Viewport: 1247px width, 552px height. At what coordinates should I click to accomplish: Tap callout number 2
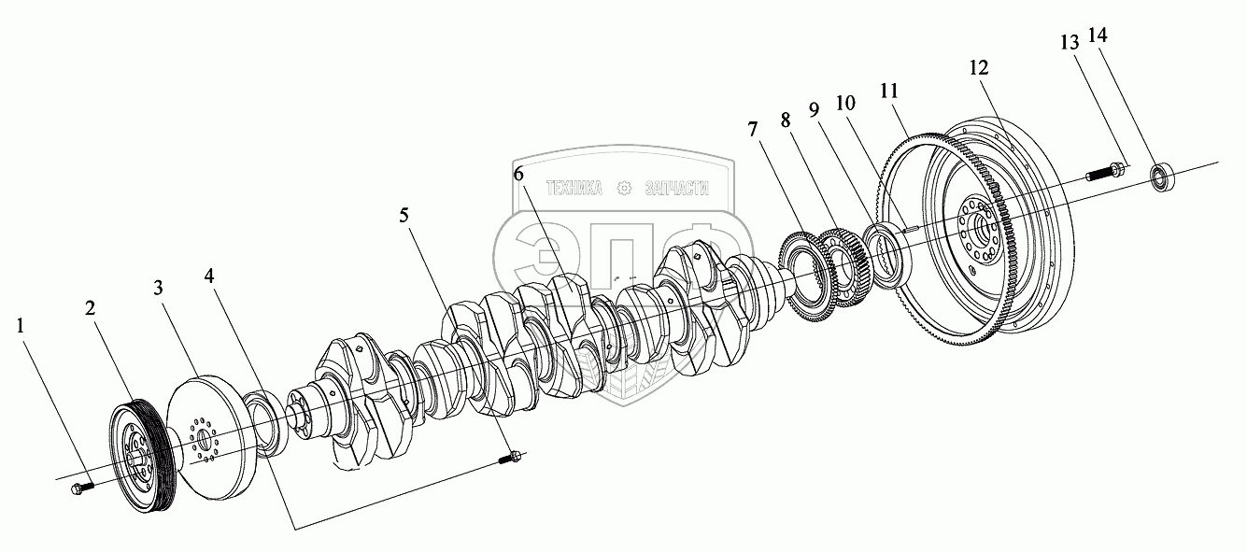pyautogui.click(x=91, y=309)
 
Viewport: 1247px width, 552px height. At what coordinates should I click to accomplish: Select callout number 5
pyautogui.click(x=404, y=216)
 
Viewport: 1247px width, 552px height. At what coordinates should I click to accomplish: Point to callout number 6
pyautogui.click(x=518, y=174)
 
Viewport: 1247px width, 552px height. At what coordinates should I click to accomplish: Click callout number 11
pyautogui.click(x=888, y=91)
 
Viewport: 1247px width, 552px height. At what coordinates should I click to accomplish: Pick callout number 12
pyautogui.click(x=978, y=68)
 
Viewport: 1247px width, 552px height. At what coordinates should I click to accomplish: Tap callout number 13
pyautogui.click(x=1069, y=43)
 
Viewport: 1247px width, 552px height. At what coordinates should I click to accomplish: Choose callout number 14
pyautogui.click(x=1098, y=35)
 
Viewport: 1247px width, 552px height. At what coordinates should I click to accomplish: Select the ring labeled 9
pyautogui.click(x=882, y=252)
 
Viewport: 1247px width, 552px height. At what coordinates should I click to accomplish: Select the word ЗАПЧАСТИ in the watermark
pyautogui.click(x=676, y=188)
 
